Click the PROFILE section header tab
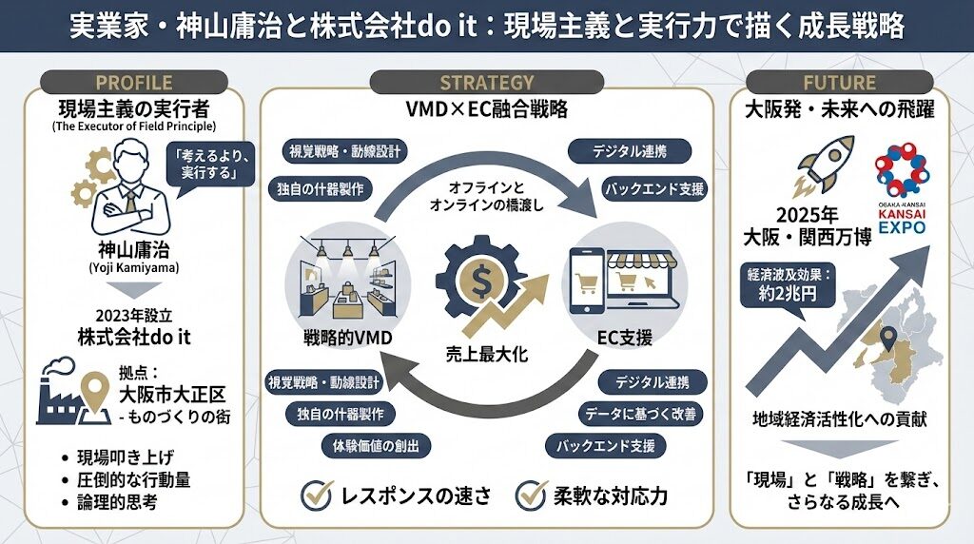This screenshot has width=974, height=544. tap(133, 82)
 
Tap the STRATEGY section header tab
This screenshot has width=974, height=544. tap(486, 82)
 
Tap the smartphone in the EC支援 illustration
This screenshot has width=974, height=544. tap(587, 281)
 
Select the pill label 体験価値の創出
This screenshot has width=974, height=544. tap(375, 444)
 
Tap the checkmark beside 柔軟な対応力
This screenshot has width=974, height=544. tap(530, 495)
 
